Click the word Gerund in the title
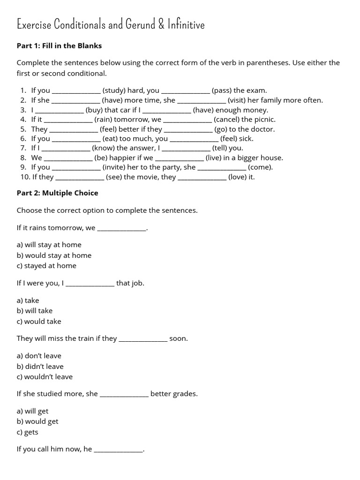tap(140, 24)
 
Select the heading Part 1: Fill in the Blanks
tap(59, 46)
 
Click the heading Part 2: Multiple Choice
tap(57, 193)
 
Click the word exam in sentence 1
tap(257, 90)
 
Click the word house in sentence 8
tap(272, 158)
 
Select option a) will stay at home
tap(49, 245)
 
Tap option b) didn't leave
tap(40, 367)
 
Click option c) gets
tap(27, 432)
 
